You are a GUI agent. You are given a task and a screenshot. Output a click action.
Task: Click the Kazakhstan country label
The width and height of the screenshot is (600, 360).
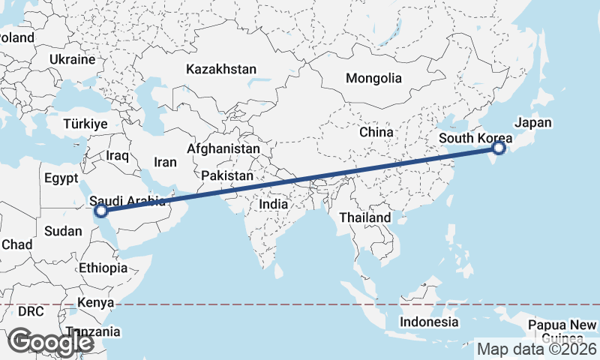(x=221, y=69)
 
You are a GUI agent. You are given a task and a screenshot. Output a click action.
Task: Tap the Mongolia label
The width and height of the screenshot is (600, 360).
(x=373, y=78)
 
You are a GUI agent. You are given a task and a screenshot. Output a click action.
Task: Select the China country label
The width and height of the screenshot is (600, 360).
(x=376, y=132)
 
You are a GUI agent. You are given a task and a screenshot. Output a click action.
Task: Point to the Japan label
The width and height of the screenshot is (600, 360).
(x=533, y=123)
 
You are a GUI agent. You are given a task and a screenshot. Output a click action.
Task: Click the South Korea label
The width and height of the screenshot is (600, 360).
(x=475, y=138)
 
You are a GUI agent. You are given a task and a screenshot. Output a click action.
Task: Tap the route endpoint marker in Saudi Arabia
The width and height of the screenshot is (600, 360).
(x=101, y=211)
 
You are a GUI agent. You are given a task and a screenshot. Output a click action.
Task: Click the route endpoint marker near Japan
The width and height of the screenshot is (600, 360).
(x=499, y=149)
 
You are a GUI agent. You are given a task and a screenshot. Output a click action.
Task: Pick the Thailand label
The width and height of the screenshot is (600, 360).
(x=365, y=217)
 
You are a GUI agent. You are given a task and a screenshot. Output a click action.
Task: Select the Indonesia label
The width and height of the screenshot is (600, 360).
(x=428, y=322)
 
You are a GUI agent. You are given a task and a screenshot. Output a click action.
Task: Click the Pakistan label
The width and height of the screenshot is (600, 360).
(x=227, y=175)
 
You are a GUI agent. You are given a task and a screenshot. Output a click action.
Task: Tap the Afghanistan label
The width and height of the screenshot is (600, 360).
(x=223, y=149)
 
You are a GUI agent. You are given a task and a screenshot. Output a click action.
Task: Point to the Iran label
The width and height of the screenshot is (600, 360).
(x=165, y=162)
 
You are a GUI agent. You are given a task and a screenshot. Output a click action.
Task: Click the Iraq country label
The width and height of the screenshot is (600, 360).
(x=118, y=156)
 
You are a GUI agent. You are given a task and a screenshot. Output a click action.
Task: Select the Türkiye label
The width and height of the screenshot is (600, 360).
(x=86, y=124)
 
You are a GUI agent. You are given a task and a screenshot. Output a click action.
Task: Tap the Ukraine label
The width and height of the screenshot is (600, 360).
(x=73, y=59)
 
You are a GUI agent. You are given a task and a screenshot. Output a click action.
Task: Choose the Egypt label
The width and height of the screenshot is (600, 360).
(x=61, y=178)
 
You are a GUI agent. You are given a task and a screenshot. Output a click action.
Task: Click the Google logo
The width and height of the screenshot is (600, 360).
(x=51, y=342)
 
